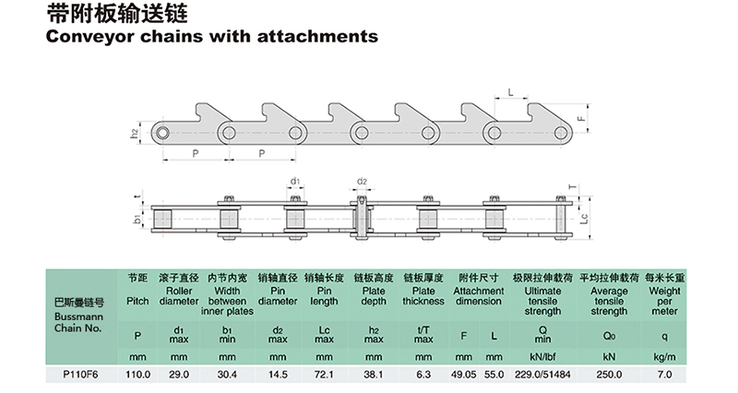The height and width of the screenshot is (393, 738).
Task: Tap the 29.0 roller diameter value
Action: coord(179,375)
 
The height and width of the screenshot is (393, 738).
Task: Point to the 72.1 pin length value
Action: coord(325,375)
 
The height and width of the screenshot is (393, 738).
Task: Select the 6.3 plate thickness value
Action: coord(423,375)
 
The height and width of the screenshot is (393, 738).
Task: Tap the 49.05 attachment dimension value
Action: coord(466,375)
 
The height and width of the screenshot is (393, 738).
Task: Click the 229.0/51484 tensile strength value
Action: coord(536,375)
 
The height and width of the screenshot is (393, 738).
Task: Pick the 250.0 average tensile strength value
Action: coord(609,375)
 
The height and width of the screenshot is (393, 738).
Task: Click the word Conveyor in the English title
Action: coord(89,38)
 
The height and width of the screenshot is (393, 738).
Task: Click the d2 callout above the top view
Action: coord(362,181)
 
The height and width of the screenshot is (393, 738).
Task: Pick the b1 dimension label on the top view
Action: coord(137,220)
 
